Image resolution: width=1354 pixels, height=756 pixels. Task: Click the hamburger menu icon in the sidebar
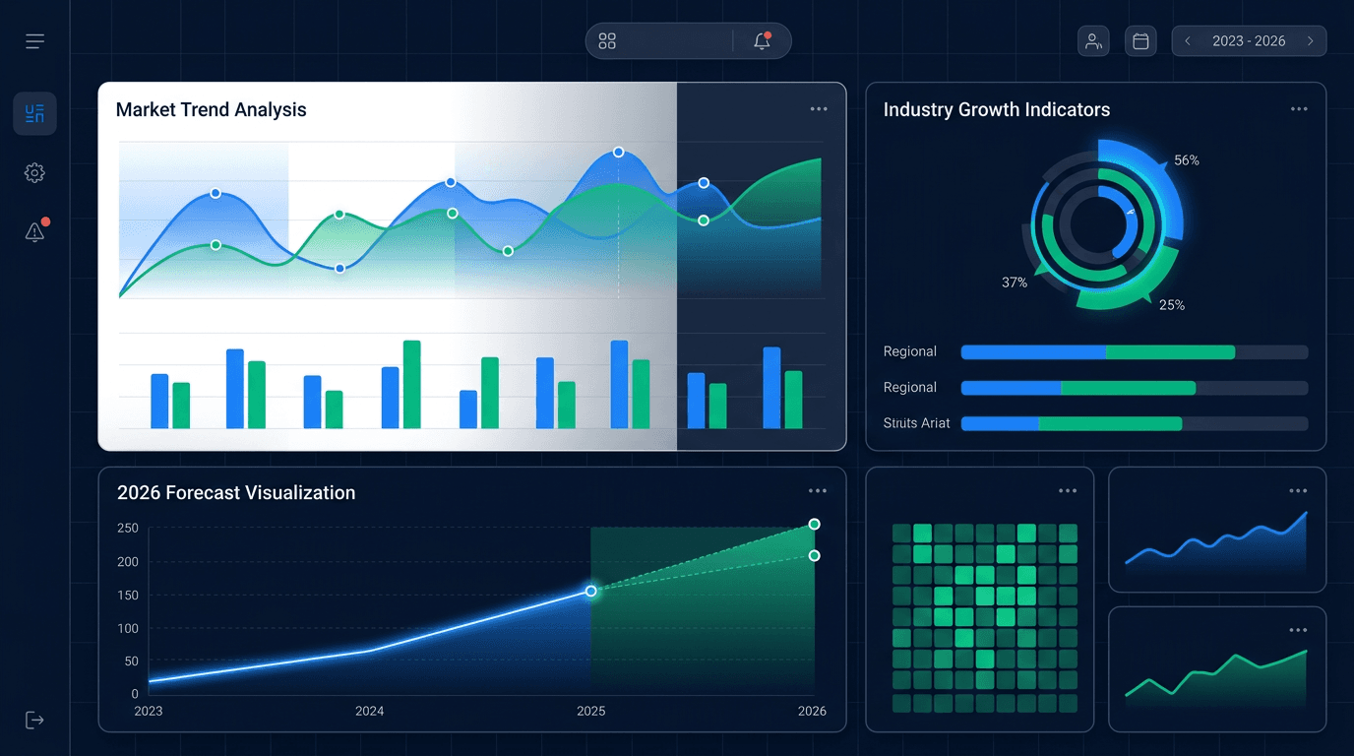(35, 41)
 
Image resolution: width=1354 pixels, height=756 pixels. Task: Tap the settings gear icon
(34, 173)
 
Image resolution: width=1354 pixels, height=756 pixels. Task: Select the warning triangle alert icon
(34, 232)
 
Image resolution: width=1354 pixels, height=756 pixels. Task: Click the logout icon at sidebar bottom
(34, 720)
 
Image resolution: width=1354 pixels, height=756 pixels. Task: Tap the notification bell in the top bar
(762, 41)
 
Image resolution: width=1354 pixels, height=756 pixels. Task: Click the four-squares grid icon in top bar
(607, 41)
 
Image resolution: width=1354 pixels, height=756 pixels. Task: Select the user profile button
(1092, 41)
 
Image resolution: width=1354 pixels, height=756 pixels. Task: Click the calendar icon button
(1140, 41)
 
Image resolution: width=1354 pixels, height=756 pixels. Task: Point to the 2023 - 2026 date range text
(1249, 41)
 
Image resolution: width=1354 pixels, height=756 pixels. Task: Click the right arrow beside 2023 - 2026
(1310, 41)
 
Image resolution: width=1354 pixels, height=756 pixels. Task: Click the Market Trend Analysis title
(211, 110)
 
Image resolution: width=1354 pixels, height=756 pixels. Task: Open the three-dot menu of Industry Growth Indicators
(1299, 109)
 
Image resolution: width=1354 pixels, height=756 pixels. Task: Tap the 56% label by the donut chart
(1187, 160)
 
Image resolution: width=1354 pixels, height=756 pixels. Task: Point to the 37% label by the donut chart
(1015, 283)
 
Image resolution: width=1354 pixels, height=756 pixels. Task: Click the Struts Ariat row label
(916, 423)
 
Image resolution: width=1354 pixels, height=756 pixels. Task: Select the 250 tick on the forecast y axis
(128, 529)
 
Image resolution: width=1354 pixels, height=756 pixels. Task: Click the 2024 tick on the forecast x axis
(369, 711)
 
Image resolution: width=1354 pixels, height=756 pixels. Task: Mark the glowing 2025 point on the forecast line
(591, 592)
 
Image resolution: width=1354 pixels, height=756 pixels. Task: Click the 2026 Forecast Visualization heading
(236, 493)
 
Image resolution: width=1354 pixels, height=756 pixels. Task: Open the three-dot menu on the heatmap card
(1068, 491)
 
